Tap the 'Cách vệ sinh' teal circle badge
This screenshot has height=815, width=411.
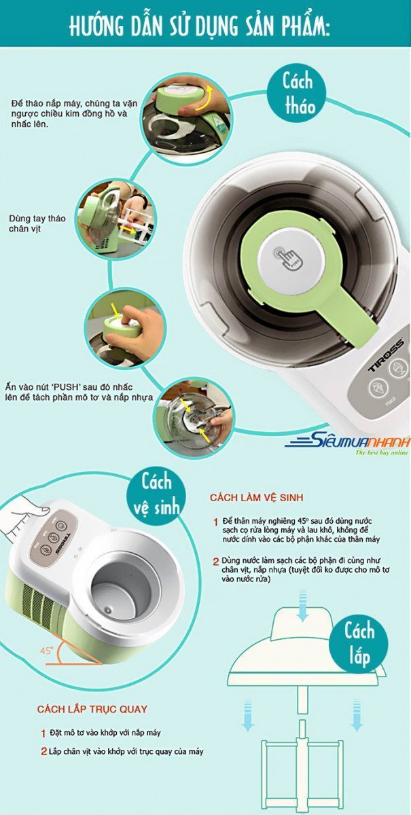[156, 496]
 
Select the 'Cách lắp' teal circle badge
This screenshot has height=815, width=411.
[359, 645]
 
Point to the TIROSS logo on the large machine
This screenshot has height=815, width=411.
[386, 355]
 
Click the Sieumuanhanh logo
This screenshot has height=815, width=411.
[348, 441]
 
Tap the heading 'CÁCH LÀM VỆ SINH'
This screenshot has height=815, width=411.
[256, 498]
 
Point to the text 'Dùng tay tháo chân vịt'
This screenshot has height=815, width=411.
[37, 223]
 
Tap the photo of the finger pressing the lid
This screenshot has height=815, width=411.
[126, 330]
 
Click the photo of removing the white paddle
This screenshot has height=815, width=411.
[116, 220]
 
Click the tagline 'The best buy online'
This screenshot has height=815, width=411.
[382, 452]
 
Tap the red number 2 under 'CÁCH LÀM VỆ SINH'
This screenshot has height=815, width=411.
[216, 562]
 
